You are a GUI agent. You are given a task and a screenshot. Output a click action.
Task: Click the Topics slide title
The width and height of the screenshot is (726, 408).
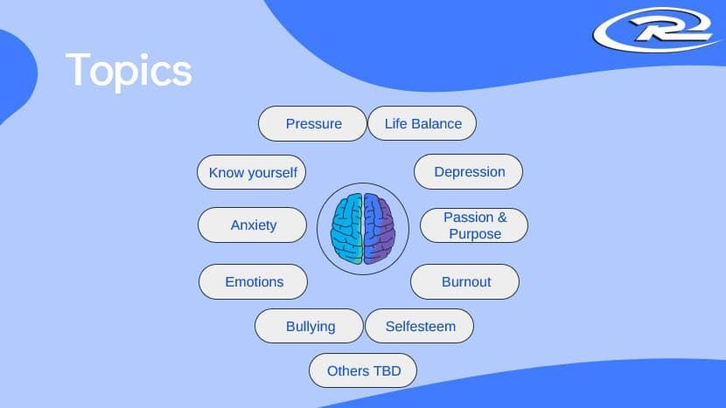pyautogui.click(x=129, y=71)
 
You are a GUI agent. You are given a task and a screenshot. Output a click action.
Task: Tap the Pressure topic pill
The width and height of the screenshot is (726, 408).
pyautogui.click(x=312, y=123)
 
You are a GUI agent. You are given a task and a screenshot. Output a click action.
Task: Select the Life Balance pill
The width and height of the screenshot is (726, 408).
pyautogui.click(x=422, y=123)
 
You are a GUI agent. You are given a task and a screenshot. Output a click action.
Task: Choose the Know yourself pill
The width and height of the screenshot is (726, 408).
pyautogui.click(x=251, y=172)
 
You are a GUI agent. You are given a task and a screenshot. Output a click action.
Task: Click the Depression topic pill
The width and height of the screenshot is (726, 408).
pyautogui.click(x=468, y=171)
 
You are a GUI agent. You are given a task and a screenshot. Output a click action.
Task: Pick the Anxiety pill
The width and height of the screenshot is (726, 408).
pyautogui.click(x=252, y=225)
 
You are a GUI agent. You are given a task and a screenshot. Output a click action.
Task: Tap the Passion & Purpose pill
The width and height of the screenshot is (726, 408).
pyautogui.click(x=474, y=225)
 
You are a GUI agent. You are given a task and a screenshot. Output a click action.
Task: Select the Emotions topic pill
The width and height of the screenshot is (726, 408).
pyautogui.click(x=254, y=281)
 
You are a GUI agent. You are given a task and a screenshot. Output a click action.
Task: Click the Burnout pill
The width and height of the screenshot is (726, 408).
pyautogui.click(x=464, y=281)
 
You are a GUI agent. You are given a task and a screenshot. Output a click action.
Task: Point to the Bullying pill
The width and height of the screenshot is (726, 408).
pyautogui.click(x=310, y=326)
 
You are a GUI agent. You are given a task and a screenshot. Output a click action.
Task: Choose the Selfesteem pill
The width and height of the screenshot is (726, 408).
pyautogui.click(x=420, y=326)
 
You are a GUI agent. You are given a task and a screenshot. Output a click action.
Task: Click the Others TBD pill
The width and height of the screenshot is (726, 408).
pyautogui.click(x=363, y=370)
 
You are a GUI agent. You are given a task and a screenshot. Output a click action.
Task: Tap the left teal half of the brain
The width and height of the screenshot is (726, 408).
pyautogui.click(x=346, y=229)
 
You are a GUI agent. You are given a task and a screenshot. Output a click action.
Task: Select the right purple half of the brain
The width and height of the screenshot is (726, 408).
pyautogui.click(x=380, y=229)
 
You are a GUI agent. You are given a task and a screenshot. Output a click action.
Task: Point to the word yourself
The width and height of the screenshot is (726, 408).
pyautogui.click(x=272, y=173)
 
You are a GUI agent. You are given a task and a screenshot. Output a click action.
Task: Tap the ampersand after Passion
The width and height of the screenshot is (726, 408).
pyautogui.click(x=502, y=218)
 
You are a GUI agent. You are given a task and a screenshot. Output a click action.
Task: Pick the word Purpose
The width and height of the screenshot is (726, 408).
pyautogui.click(x=475, y=234)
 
